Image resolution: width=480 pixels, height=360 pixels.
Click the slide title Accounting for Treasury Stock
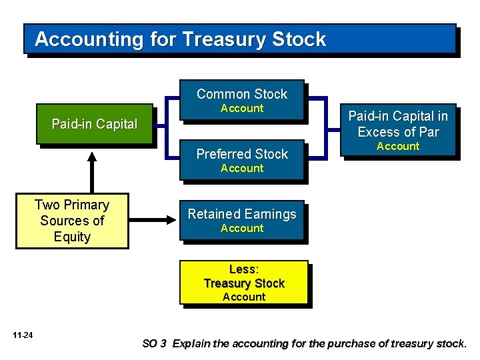180,39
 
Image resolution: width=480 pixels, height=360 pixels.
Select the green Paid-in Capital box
95,124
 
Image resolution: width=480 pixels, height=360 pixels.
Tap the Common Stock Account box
241,100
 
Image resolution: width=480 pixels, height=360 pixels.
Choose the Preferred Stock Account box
241,160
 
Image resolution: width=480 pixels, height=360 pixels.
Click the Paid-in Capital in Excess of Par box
398,131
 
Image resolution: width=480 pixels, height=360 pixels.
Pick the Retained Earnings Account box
241,220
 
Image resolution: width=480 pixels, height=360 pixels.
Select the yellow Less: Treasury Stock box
244,283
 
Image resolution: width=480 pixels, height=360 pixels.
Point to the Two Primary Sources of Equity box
72,221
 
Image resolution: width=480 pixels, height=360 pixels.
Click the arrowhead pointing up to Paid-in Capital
92,157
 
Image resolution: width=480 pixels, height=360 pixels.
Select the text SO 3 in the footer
153,344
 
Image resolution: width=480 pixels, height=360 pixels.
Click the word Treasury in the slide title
225,39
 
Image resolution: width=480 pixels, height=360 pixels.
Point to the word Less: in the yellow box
243,269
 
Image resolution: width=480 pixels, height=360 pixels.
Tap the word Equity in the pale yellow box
72,237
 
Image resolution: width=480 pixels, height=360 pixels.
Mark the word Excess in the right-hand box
379,131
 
